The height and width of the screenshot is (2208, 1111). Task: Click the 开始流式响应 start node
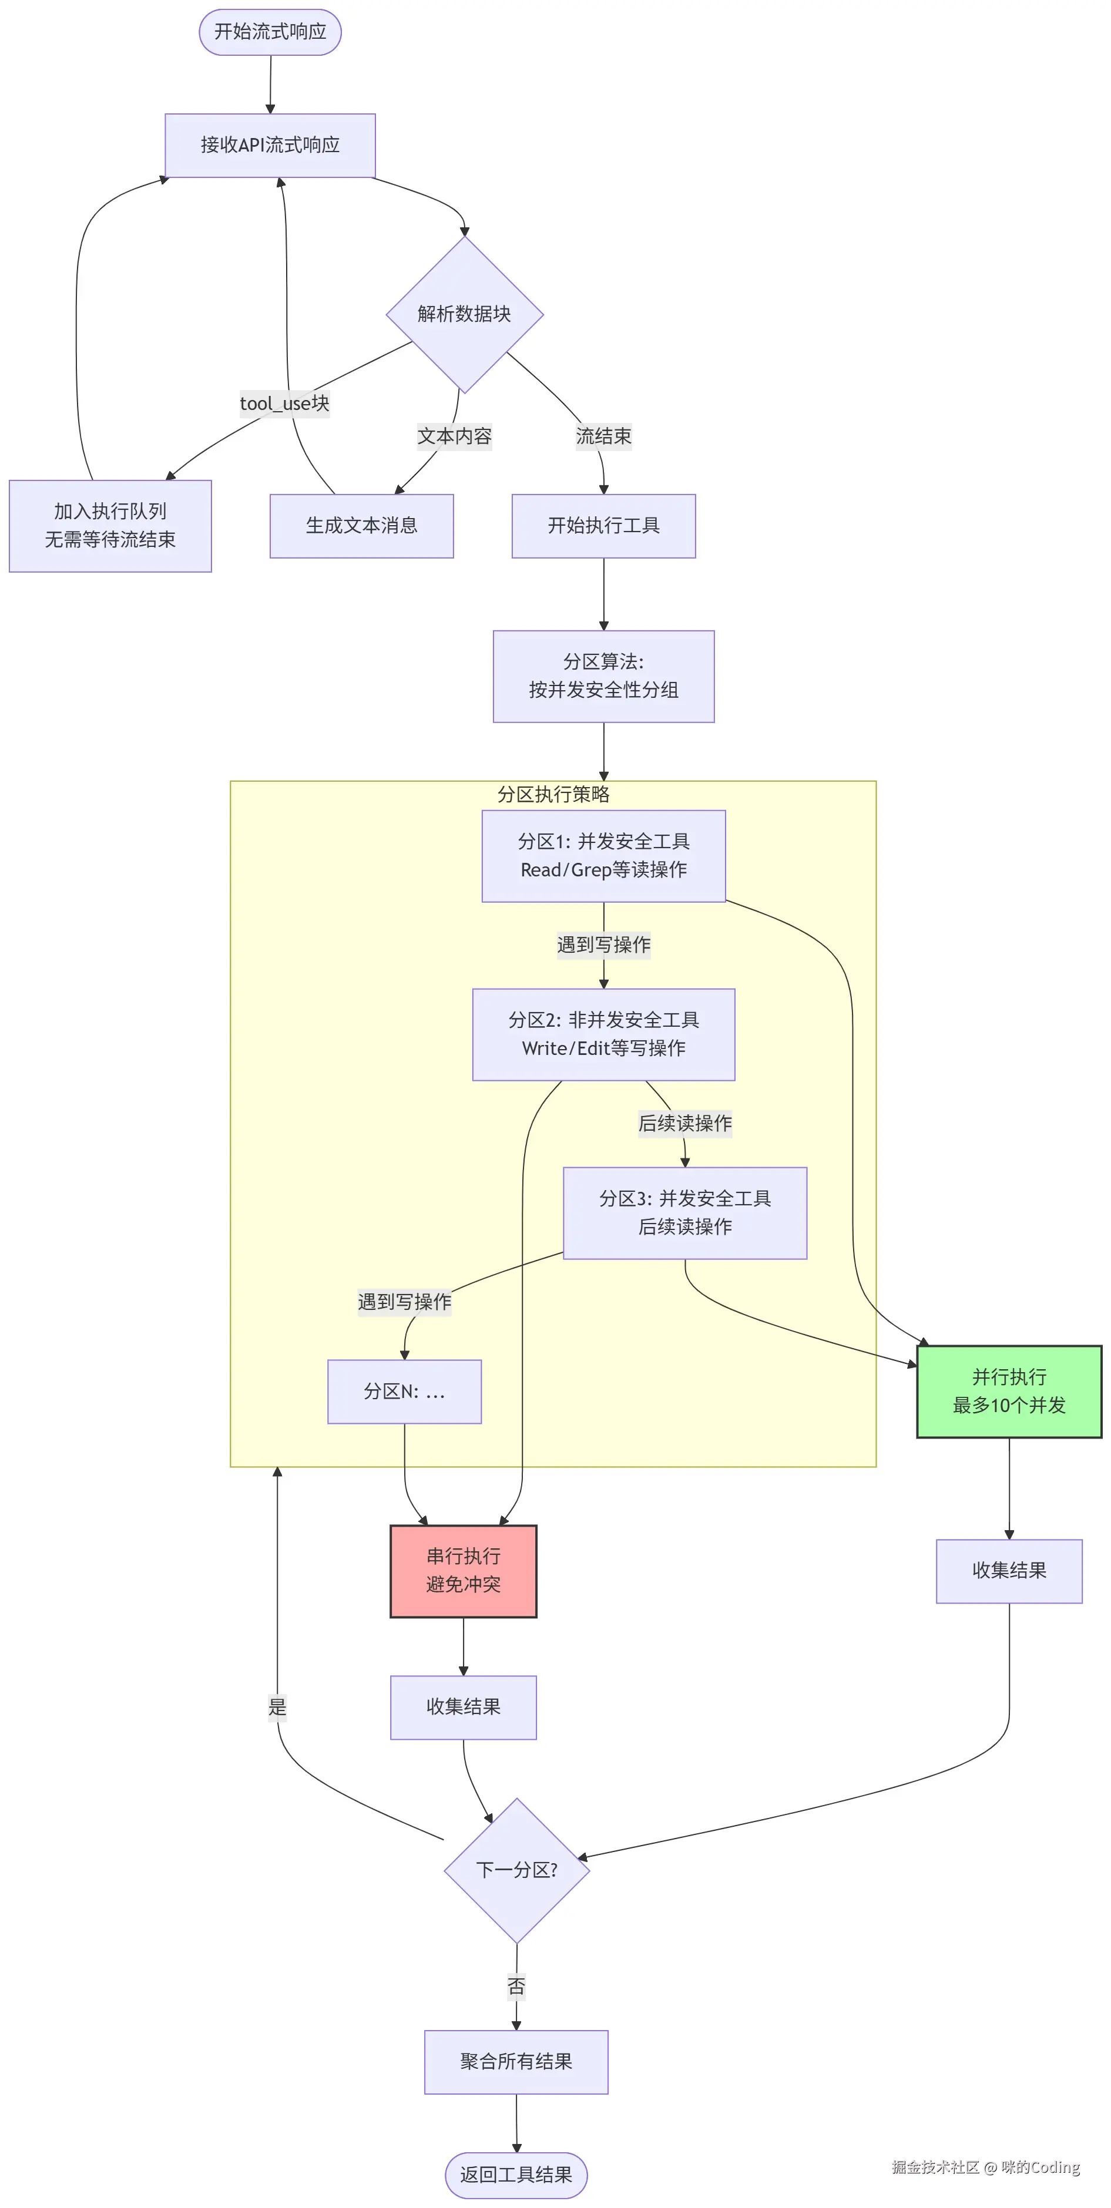(x=270, y=32)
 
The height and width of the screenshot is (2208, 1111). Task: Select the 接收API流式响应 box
(x=270, y=145)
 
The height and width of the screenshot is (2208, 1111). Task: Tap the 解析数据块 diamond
(x=464, y=314)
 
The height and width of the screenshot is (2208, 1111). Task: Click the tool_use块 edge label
(x=284, y=404)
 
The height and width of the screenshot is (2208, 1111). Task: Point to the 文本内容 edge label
(x=454, y=436)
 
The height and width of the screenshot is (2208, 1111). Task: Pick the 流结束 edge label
(x=603, y=436)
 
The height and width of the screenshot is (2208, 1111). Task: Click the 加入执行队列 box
(x=110, y=526)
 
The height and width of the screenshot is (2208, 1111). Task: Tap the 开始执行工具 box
(x=603, y=526)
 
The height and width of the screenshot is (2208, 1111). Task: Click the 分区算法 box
(x=603, y=675)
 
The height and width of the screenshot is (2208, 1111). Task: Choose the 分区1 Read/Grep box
(x=603, y=855)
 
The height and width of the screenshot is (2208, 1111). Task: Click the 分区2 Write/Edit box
(x=603, y=1034)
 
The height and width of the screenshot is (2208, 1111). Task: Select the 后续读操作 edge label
(x=685, y=1123)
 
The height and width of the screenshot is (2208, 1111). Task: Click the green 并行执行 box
(x=1009, y=1391)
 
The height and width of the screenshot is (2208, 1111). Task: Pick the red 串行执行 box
(x=463, y=1570)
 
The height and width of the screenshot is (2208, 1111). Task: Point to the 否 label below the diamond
(x=516, y=1986)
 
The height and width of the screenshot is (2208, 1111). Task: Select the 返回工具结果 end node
(x=516, y=2175)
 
